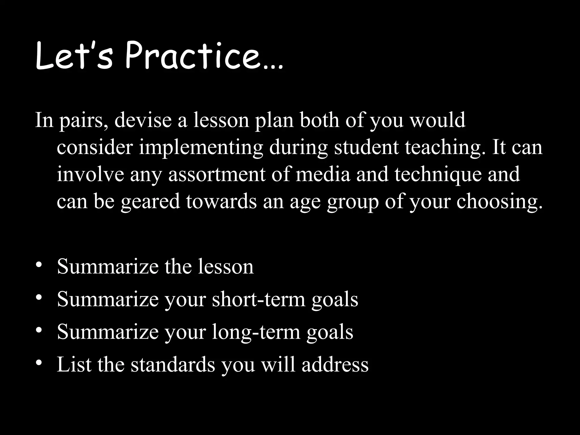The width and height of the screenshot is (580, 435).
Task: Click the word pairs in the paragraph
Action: click(84, 121)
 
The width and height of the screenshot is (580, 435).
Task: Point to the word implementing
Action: click(201, 148)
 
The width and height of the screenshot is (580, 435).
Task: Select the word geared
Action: click(150, 202)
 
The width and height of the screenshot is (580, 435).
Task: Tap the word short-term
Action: click(259, 299)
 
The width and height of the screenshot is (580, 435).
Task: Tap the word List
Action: click(74, 364)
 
